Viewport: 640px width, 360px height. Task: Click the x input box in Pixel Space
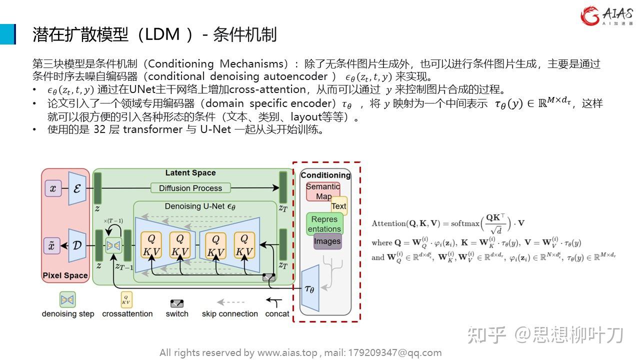pos(53,188)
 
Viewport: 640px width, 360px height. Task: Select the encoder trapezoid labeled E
pos(77,188)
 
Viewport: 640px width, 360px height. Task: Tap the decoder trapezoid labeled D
pos(77,245)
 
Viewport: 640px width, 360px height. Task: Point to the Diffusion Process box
pos(190,188)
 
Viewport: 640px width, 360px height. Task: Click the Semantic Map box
pos(323,191)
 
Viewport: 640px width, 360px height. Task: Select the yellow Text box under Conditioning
pos(338,206)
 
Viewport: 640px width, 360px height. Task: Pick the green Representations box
pos(324,224)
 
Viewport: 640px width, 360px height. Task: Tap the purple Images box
pos(327,241)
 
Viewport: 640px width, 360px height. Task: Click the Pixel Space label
pos(65,275)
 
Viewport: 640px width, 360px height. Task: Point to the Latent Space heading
pos(190,173)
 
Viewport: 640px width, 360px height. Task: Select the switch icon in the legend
pos(177,303)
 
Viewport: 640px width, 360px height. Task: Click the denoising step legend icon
pos(67,300)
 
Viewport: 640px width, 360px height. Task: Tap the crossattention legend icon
pos(127,300)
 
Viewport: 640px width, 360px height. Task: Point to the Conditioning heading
pos(325,175)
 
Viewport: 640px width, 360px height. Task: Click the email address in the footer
pos(392,352)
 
